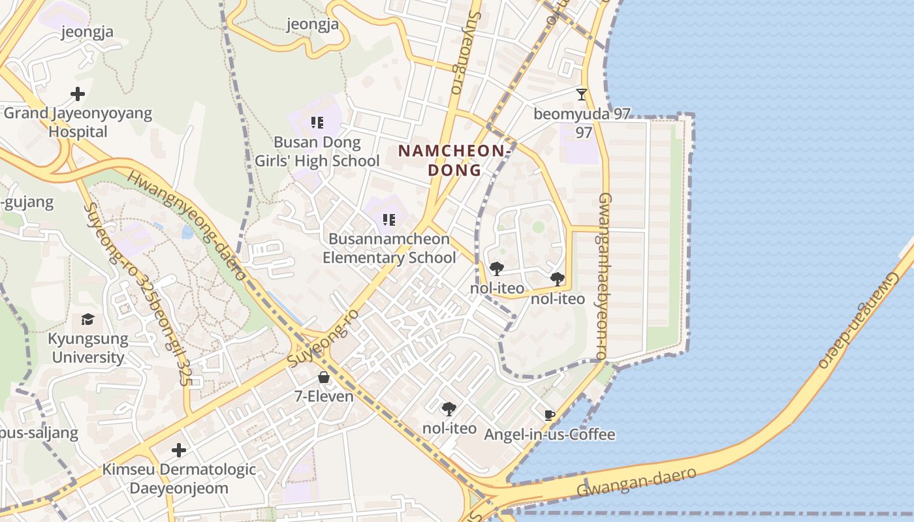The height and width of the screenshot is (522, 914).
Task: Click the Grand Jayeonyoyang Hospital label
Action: (78, 123)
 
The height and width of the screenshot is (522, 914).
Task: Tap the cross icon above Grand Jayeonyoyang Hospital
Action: (78, 94)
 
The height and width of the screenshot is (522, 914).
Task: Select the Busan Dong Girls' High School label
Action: (317, 151)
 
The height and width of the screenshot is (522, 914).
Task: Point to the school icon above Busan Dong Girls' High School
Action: (317, 123)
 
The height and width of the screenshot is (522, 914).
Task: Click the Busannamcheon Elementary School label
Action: (390, 248)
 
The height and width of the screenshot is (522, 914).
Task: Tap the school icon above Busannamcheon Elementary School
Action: (389, 219)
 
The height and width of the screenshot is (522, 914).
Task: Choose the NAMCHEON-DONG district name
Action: (455, 161)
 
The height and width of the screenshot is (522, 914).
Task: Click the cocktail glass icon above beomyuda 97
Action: (582, 94)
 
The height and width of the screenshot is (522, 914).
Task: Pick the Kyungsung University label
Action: (87, 348)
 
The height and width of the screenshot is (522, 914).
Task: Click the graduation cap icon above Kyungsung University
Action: (87, 319)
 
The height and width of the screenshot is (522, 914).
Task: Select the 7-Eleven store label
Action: (324, 396)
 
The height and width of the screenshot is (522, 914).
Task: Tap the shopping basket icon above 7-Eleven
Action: (324, 377)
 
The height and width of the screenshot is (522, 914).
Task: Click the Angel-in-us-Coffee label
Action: (550, 435)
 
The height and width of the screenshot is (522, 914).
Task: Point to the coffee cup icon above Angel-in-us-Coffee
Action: (550, 415)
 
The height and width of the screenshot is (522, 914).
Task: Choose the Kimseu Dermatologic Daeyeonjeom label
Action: (179, 479)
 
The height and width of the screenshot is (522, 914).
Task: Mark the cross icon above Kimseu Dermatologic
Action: (178, 450)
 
